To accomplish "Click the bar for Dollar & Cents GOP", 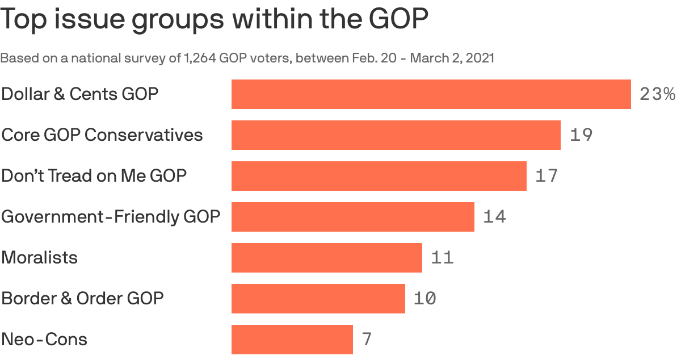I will [x=431, y=94].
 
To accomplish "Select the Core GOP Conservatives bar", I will [x=396, y=135].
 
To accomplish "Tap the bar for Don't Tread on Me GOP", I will [x=379, y=176].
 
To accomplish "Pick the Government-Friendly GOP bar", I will [x=353, y=217].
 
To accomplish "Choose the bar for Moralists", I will [x=327, y=258].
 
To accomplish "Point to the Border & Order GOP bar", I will [x=318, y=299].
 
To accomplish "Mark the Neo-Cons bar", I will [x=292, y=340].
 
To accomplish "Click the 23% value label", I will [x=657, y=94].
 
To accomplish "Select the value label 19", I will [x=581, y=135].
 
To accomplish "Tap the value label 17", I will [x=547, y=176].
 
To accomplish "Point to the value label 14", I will [x=494, y=217].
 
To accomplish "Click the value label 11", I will [x=443, y=258].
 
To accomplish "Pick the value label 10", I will [x=425, y=299].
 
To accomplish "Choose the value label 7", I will [x=367, y=340].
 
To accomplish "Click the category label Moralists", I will [x=39, y=258].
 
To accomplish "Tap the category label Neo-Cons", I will [x=44, y=340].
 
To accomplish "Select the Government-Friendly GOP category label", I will [x=111, y=217].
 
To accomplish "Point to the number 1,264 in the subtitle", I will [x=199, y=58].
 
